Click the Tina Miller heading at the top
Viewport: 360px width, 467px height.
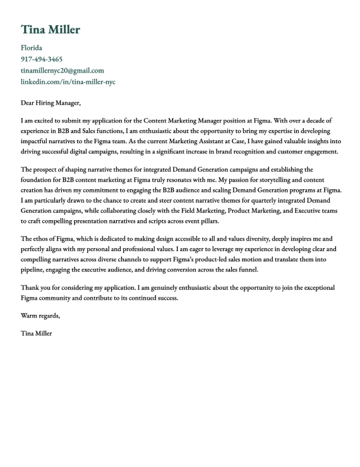(51, 30)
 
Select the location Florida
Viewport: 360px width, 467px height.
(32, 48)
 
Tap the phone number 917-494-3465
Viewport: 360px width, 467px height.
(42, 59)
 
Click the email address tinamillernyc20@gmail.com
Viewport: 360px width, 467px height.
(63, 71)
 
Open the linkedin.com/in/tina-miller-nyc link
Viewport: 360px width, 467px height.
(68, 82)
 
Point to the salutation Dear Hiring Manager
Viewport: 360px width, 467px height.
(51, 103)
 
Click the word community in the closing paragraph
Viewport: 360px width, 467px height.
(61, 299)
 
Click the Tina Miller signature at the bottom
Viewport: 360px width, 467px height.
(37, 333)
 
